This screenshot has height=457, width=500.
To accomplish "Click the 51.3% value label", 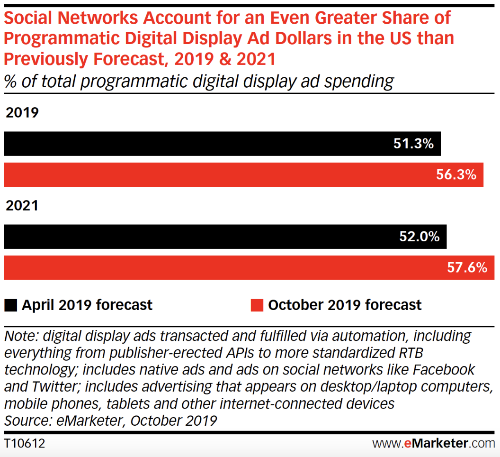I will pyautogui.click(x=413, y=144).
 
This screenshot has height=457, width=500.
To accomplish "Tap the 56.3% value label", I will pyautogui.click(x=455, y=175).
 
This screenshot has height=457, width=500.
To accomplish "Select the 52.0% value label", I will pyautogui.click(x=420, y=237).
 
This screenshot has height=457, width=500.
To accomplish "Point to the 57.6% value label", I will pyautogui.click(x=467, y=268).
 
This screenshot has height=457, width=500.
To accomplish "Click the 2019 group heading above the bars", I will pyautogui.click(x=22, y=113).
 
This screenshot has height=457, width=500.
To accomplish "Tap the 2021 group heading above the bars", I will pyautogui.click(x=22, y=206).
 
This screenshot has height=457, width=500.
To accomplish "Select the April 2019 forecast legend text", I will pyautogui.click(x=87, y=305).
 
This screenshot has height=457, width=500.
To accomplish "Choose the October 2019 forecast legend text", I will pyautogui.click(x=345, y=305).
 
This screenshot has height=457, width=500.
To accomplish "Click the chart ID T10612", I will pyautogui.click(x=24, y=444).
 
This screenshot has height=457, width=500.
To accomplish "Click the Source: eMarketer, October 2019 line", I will pyautogui.click(x=110, y=420).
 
